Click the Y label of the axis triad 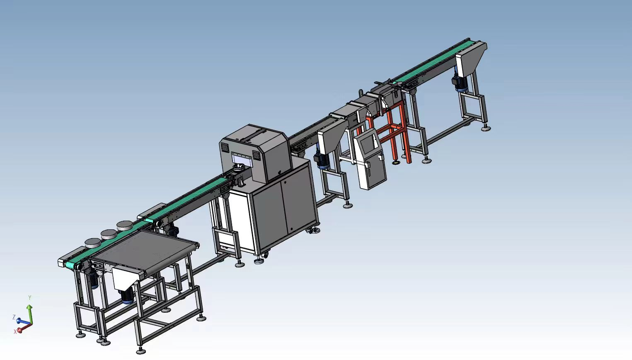click(x=29, y=298)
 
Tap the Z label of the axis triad click(x=14, y=317)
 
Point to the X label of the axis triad click(x=15, y=332)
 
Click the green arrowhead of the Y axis click(x=29, y=307)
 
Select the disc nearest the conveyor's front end click(x=93, y=243)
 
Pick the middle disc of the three click(x=109, y=234)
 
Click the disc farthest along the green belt click(x=125, y=225)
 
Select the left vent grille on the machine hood click(x=224, y=147)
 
